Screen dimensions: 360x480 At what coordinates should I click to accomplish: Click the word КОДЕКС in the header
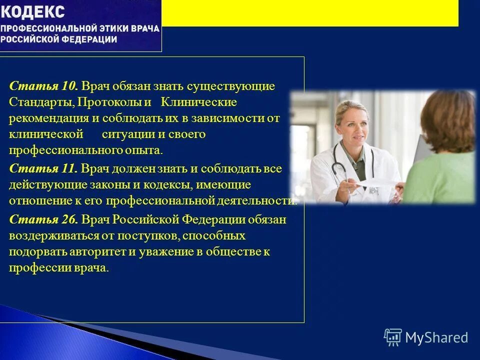click(32, 11)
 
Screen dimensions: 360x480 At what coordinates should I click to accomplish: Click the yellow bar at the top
click(310, 13)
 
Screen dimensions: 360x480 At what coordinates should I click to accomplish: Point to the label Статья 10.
click(43, 86)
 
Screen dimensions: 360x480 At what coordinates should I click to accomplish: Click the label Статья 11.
click(43, 168)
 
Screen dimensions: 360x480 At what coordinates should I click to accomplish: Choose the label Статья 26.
click(43, 219)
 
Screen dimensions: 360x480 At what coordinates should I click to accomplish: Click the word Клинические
click(198, 102)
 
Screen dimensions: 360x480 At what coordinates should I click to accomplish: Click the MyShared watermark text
click(436, 337)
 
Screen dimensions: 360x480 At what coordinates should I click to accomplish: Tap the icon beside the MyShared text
click(393, 337)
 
